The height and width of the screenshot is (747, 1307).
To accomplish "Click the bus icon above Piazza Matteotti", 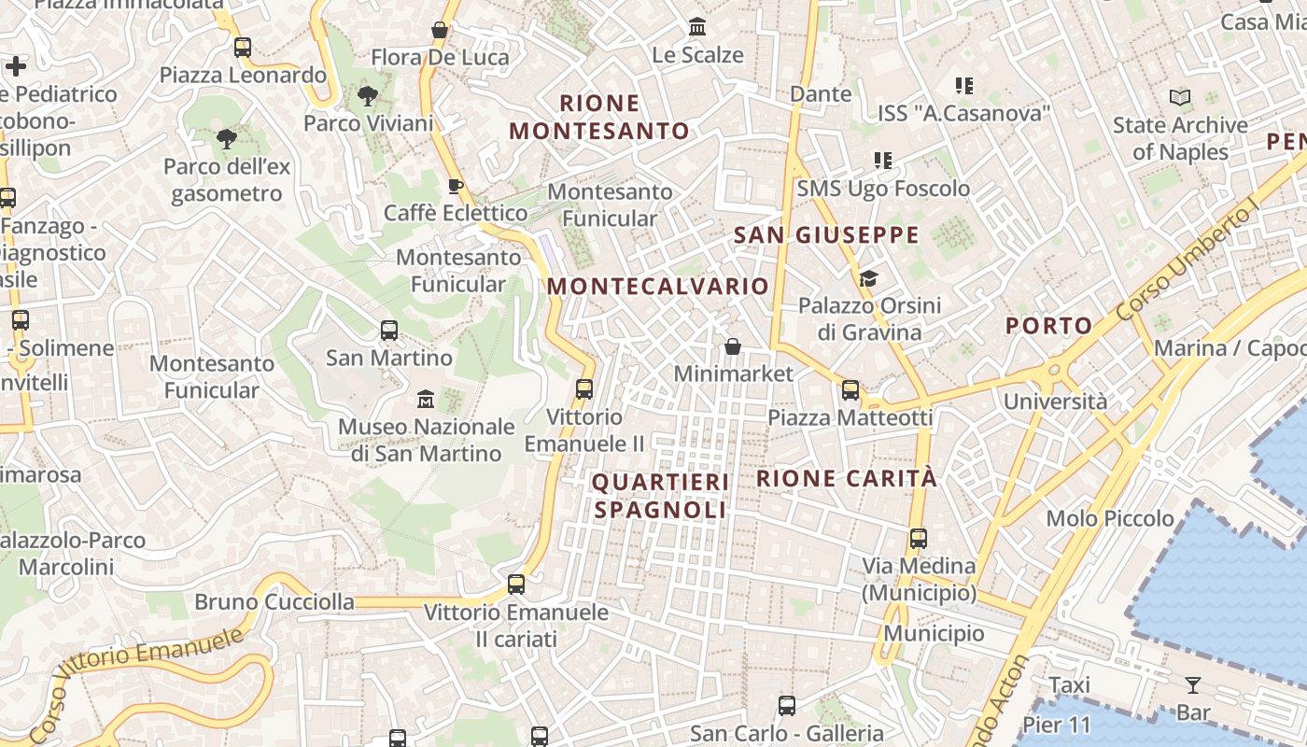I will click(850, 390).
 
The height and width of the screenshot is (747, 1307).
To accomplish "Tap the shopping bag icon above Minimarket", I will click(733, 347).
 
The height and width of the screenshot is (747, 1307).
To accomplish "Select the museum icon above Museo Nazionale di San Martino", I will click(426, 399).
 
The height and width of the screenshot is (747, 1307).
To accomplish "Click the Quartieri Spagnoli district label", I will click(660, 496).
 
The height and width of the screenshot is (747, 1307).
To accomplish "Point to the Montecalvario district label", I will click(658, 287).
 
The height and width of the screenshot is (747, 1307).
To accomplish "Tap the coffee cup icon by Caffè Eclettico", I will click(456, 187).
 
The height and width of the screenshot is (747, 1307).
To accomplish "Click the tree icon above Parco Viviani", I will click(368, 95).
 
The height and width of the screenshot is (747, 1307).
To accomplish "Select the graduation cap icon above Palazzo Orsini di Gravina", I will click(868, 278).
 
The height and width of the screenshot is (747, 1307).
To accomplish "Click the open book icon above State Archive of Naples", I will click(1180, 97).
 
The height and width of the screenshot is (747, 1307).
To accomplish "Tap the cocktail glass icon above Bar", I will click(1192, 685).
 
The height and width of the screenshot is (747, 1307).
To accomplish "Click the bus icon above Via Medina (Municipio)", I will click(919, 539).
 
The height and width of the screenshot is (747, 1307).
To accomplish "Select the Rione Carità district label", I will click(846, 479).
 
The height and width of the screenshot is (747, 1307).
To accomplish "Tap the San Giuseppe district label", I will click(826, 235).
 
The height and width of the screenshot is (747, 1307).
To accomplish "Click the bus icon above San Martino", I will click(389, 331).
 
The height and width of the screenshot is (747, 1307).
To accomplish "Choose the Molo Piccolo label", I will click(1110, 518).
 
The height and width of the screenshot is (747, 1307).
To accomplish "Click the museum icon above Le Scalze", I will click(697, 27).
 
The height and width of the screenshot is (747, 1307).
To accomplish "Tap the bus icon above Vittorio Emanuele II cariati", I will click(516, 585).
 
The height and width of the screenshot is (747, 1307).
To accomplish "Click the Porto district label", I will click(1048, 326).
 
